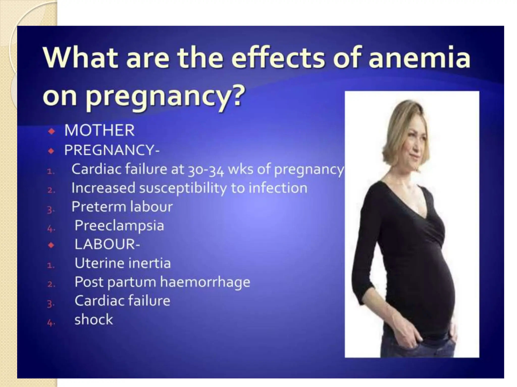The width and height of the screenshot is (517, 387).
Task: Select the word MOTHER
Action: [x=99, y=130]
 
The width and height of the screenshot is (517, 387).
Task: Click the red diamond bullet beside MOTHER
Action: [x=51, y=131]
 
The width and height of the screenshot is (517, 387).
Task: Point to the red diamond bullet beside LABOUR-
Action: [x=51, y=245]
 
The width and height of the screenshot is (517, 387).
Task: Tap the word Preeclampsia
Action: [x=119, y=225]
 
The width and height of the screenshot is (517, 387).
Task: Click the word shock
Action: [x=94, y=319]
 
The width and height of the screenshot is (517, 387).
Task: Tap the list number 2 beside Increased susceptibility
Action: [x=51, y=190]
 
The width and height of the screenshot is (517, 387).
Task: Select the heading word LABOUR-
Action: [x=107, y=244]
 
